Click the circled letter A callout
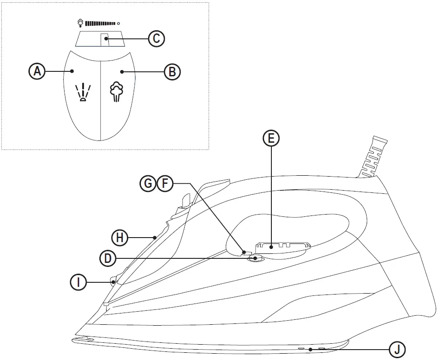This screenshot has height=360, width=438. coord(37,71)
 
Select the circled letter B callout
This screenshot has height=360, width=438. coord(172,71)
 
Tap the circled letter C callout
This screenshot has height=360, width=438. coord(156,39)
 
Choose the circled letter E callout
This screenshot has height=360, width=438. coord(271,139)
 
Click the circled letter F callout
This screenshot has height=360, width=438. coord(164,183)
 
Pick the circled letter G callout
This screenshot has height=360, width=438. coord(148,183)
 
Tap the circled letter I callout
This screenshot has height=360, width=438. coord(79,282)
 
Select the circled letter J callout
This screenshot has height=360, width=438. coord(397,350)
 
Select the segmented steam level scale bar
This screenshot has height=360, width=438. coord(100,22)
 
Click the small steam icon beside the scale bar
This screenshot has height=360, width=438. coord(80,22)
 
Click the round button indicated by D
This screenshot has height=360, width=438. coord(256,258)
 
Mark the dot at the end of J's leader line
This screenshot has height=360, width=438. coord(311,349)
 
